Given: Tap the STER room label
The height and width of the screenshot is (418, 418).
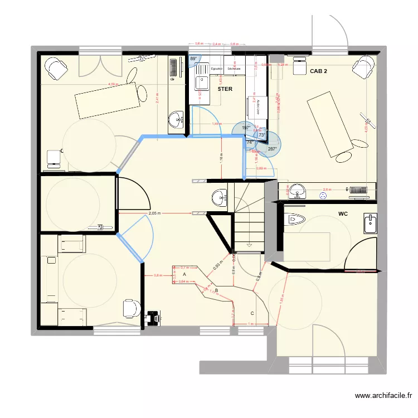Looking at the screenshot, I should coord(209,88).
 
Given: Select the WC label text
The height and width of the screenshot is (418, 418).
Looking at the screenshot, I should coord(343,213).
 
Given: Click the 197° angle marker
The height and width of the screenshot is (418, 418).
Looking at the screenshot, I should coord(245,128).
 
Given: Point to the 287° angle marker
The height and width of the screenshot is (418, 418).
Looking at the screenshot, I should coord(272,149).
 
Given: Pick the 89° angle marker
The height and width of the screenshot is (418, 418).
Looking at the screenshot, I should coord(193,59).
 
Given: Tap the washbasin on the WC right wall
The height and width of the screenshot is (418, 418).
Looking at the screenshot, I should coord(370,224).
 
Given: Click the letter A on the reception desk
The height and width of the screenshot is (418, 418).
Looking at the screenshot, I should coord(184,274).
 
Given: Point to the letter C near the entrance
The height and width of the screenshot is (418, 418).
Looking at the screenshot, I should coord(252,314).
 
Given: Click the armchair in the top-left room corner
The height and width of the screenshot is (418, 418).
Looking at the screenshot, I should coord(56,69).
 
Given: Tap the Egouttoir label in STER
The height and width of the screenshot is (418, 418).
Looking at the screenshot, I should coord(217,69).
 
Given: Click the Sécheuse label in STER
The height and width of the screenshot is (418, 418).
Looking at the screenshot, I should coord(234,69).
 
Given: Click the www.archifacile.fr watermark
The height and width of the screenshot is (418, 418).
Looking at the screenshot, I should coord(384,396).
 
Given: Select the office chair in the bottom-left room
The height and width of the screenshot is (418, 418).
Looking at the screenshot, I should coord(132,308).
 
